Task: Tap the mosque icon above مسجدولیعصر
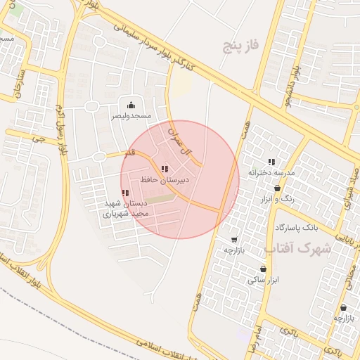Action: click(x=131, y=105)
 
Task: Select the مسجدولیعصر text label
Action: click(x=131, y=115)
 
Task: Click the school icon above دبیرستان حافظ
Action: click(x=165, y=169)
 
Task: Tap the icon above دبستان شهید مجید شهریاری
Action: click(x=125, y=193)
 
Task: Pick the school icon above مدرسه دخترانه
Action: click(x=271, y=162)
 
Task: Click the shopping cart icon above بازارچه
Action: click(x=233, y=240)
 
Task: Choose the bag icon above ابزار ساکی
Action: click(x=263, y=269)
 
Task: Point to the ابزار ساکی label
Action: click(x=263, y=279)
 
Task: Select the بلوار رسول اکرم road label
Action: click(x=59, y=129)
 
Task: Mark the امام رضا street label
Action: click(x=255, y=338)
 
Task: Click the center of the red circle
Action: click(x=179, y=179)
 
